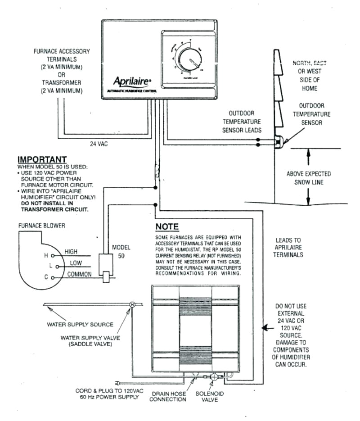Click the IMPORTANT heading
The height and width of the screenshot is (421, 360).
click(42, 159)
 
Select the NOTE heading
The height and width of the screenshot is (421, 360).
click(167, 226)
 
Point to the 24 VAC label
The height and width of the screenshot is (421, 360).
click(98, 145)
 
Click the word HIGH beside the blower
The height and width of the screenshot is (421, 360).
click(72, 251)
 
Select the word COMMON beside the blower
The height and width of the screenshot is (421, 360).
click(79, 274)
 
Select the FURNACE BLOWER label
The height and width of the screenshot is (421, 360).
click(41, 226)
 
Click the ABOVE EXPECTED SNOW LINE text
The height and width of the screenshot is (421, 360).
click(309, 178)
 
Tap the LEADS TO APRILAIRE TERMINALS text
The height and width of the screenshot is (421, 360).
click(288, 247)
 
